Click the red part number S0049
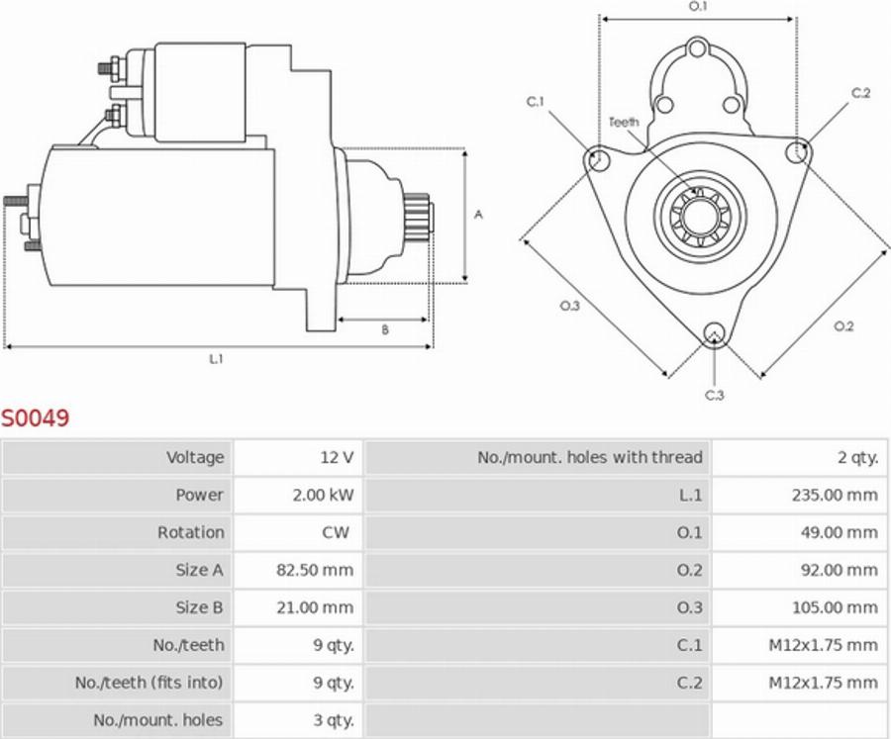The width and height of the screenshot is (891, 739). point(36,418)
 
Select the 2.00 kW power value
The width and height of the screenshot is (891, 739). point(324,495)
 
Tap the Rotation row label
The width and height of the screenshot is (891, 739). point(191,532)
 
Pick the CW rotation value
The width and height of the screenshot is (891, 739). point(336,532)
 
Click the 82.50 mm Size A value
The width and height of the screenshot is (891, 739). point(315,570)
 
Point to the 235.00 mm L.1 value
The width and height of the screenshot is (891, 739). point(835,495)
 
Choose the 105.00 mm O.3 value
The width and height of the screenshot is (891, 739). point(835,607)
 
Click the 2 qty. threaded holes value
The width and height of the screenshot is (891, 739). point(857,457)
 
